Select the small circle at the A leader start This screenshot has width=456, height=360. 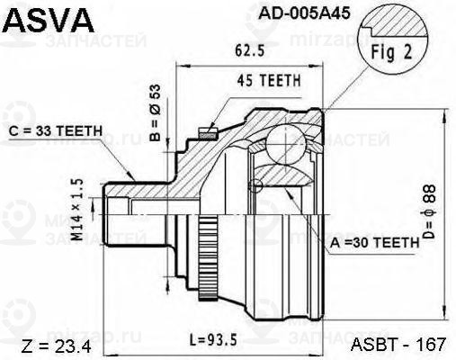(257, 186)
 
